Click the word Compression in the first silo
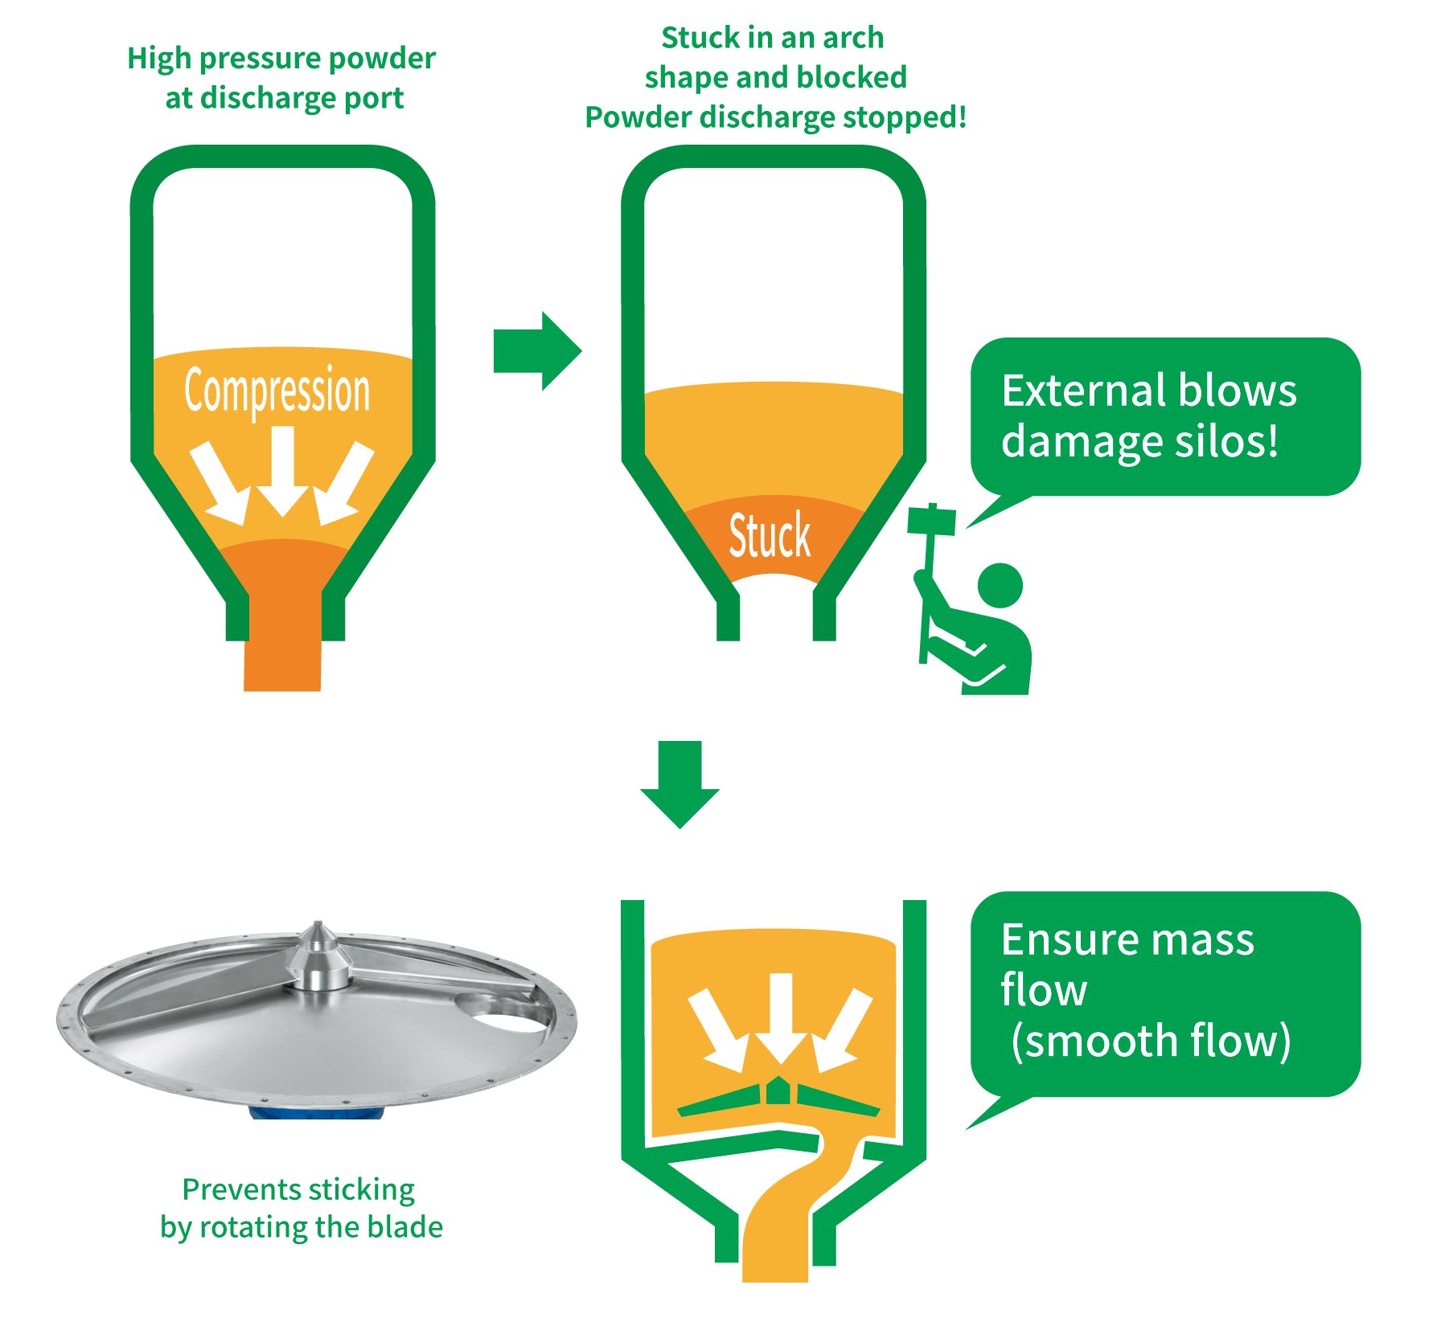point(277,391)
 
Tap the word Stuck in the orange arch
point(770,535)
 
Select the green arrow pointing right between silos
point(537,351)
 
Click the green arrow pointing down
point(679,784)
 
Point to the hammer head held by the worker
point(931,521)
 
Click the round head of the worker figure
point(1000,585)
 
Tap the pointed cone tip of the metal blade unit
point(318,929)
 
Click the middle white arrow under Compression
point(282,470)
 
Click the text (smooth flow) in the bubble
point(1150,1041)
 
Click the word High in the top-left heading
point(158,59)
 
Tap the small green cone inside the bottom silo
point(778,1091)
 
